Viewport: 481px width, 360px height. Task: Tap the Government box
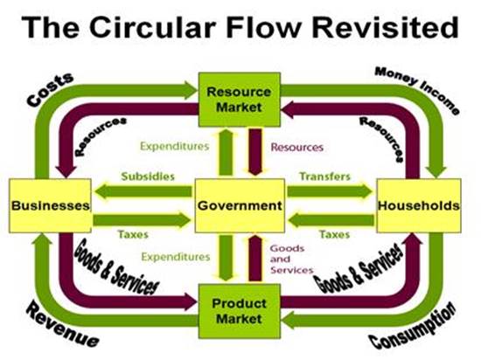click(239, 206)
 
